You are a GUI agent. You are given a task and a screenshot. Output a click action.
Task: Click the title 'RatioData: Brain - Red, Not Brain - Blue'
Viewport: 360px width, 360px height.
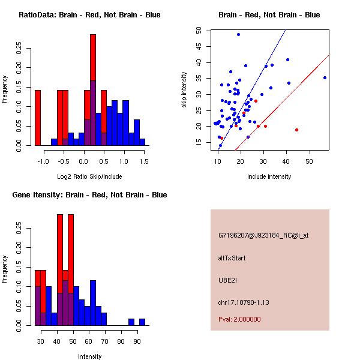[x=89, y=15]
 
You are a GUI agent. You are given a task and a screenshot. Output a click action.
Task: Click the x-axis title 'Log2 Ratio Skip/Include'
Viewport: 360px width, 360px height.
[x=89, y=176]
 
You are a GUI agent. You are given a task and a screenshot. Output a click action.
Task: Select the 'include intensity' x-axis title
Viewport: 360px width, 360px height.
[x=269, y=176]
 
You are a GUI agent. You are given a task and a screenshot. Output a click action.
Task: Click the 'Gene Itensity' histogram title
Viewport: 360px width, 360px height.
[x=89, y=195]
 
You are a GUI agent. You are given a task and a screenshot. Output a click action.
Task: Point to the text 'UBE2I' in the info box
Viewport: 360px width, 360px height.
[x=228, y=280]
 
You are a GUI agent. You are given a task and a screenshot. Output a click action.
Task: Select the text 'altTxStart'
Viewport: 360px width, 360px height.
[x=232, y=258]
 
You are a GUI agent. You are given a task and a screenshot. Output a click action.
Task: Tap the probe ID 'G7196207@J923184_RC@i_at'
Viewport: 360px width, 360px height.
[x=263, y=236]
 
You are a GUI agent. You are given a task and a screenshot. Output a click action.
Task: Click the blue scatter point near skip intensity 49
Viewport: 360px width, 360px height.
[x=238, y=35]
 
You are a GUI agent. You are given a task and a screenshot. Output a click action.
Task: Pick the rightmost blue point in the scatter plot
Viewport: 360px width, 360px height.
[x=325, y=77]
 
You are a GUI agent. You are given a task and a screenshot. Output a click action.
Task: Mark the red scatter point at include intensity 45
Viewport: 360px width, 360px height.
[x=296, y=130]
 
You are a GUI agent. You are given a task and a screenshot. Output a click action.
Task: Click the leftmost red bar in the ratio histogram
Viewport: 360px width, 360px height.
[x=38, y=118]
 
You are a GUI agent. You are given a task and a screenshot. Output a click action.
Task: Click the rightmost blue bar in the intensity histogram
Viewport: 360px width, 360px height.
[x=142, y=322]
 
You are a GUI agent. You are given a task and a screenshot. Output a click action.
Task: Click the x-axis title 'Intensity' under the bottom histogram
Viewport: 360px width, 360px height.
[x=89, y=356]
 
